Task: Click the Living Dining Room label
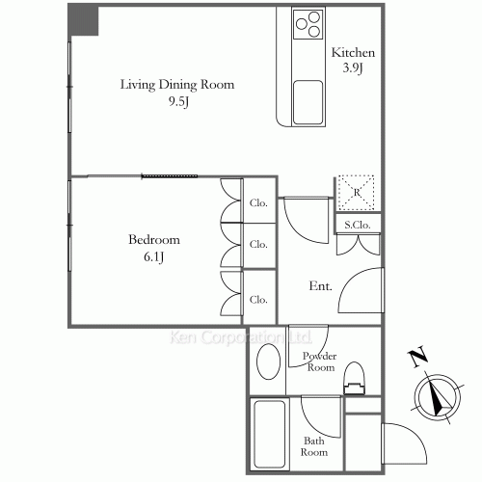coord(177,85)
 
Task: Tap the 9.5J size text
coord(178,102)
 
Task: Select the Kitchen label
coord(353,52)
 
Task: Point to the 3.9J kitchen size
coord(353,67)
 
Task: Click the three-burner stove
coord(308,24)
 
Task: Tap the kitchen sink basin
coord(308,102)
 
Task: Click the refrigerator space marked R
coord(357,193)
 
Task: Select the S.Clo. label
coord(358,225)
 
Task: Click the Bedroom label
coord(154,240)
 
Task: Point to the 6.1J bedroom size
coord(154,256)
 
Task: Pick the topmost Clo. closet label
coord(258,203)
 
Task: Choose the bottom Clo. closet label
coord(258,300)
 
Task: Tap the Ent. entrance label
coord(320,285)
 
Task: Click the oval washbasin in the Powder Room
coord(268,361)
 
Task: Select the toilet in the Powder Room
coord(354,378)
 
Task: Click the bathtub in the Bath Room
coord(269,435)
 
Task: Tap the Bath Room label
coord(314,446)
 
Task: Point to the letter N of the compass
coord(417,357)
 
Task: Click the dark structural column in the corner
coord(83,21)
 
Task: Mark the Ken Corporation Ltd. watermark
coord(240,337)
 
